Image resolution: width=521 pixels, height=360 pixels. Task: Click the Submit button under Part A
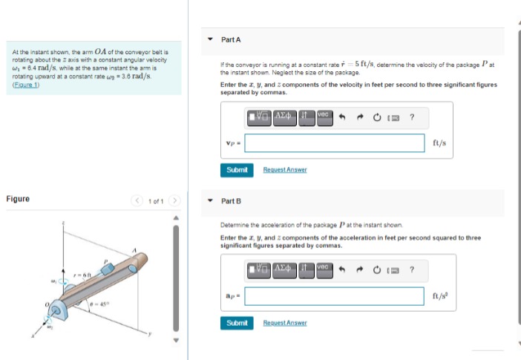tap(237, 170)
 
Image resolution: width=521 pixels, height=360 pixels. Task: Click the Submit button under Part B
tap(237, 323)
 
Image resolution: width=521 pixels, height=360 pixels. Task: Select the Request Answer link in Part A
tap(284, 170)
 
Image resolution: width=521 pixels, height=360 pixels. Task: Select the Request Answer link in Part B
tap(284, 323)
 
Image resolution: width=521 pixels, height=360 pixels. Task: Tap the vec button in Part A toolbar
tap(324, 117)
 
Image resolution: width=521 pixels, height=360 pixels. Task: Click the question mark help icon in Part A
tap(412, 117)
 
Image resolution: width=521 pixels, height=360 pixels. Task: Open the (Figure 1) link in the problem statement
tap(25, 85)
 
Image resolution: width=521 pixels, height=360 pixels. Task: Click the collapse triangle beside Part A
tap(210, 39)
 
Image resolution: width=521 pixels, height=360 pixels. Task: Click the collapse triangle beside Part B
tap(210, 201)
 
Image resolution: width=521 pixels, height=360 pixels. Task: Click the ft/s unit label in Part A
tap(439, 143)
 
